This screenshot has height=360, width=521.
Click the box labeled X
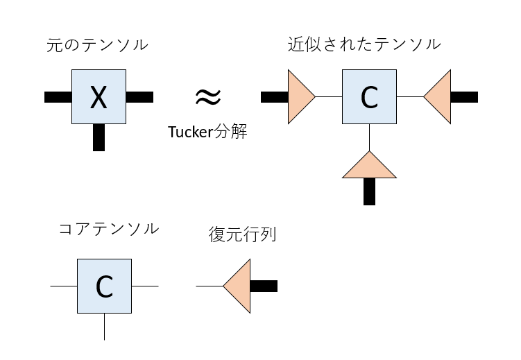point(99,96)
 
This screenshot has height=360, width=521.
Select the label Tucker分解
point(207,131)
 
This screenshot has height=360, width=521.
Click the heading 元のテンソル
point(97,45)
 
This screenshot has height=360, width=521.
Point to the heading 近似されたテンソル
point(364,44)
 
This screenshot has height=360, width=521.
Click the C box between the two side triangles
point(369,96)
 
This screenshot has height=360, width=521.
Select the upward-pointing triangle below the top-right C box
point(369,167)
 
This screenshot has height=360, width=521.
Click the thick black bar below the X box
point(99,137)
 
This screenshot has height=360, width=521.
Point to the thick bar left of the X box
point(58,97)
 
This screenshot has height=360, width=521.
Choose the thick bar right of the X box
point(139,97)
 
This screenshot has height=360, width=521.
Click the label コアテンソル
point(109,229)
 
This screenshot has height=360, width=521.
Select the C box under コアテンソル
point(104,286)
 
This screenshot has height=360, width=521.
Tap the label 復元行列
point(242,234)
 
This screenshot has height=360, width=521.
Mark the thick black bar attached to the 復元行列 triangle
point(264,286)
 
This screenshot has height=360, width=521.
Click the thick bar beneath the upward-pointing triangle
point(369,191)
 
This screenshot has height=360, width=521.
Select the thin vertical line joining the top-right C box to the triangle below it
point(369,137)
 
